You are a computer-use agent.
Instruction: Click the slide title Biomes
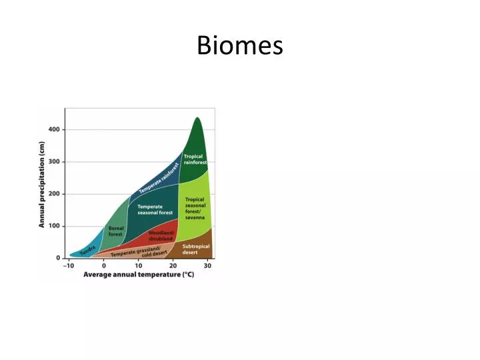(240, 46)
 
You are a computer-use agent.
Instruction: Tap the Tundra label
(87, 250)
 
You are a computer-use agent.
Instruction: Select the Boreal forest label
(116, 231)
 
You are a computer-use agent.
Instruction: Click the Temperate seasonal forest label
(155, 209)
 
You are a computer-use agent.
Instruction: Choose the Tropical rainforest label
(195, 159)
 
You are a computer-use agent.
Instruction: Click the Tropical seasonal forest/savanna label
(195, 208)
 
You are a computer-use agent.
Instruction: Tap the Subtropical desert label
(195, 249)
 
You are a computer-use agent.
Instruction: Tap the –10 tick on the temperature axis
(69, 265)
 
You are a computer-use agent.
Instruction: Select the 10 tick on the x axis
(139, 265)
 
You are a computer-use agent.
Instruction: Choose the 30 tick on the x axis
(208, 265)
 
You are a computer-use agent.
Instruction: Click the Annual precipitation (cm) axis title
(42, 189)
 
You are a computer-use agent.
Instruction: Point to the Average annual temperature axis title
(139, 275)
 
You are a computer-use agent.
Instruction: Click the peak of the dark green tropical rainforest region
(197, 119)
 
